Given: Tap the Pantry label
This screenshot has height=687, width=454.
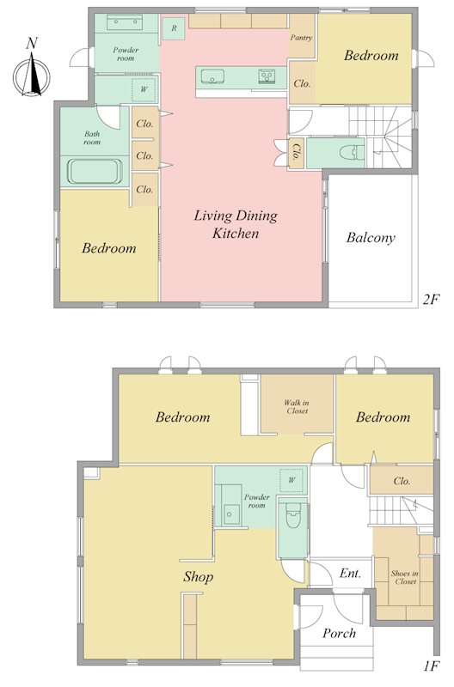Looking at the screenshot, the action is [301, 38].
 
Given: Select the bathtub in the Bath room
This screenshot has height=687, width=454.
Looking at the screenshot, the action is [95, 171].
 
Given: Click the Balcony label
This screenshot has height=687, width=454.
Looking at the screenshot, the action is [371, 238].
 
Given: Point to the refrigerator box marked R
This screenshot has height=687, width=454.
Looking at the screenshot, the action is [175, 28].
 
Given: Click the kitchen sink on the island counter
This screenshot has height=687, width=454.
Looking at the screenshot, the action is [212, 76].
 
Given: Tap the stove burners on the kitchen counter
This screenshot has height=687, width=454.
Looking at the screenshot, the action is [267, 76].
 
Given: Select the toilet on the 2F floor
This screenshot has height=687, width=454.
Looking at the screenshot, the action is [353, 153].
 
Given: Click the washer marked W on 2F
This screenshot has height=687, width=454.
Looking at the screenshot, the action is [144, 89].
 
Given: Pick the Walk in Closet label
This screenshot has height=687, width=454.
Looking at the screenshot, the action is [298, 406].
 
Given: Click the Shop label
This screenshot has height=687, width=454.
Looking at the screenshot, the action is [199, 577].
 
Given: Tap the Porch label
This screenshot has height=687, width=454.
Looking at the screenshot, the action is [339, 633].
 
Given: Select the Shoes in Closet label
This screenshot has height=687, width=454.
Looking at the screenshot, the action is [405, 577].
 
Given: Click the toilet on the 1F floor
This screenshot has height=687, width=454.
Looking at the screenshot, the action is [292, 516].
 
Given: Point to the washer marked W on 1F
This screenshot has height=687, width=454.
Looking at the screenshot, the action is [291, 480].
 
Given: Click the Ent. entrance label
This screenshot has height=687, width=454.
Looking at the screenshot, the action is [350, 573].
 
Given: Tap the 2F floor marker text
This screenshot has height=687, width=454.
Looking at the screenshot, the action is [431, 300].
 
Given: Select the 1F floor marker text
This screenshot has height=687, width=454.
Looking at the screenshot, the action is [431, 666].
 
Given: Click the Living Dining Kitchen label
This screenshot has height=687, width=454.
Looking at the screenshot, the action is [236, 224].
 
